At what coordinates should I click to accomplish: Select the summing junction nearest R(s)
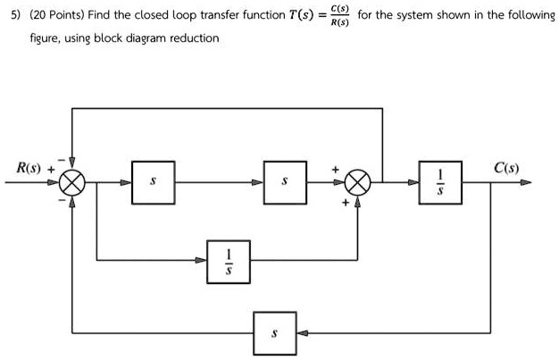pos(73,183)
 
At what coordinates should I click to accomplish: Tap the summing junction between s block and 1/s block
pos(358,183)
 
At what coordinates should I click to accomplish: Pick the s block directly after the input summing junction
pos(153,182)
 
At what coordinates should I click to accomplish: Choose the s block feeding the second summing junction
pos(285,182)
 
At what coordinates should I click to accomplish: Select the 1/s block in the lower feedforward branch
pos(228,260)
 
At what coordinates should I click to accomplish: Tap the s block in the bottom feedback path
pos(274,332)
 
